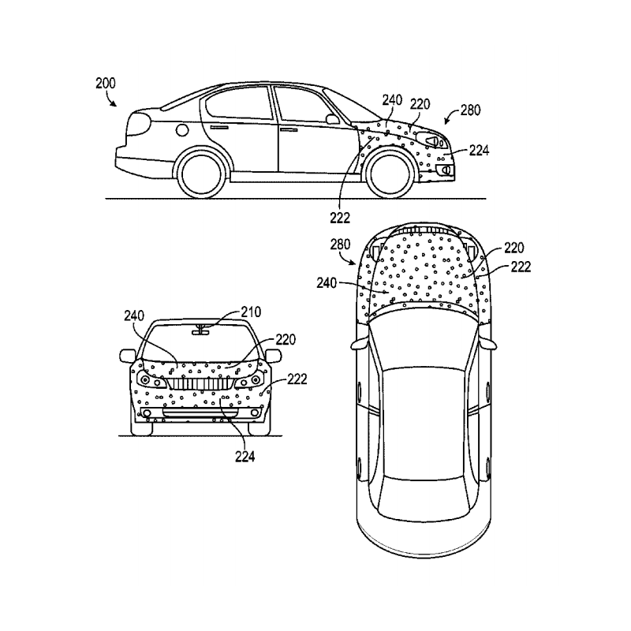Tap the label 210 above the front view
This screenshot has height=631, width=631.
pos(250,312)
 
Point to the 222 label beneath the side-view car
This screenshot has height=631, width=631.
pos(341,216)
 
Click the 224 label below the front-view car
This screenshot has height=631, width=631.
pos(245,454)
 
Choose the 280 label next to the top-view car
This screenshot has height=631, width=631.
pos(341,245)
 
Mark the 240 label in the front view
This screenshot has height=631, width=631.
pos(134,315)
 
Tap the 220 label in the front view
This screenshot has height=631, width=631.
pos(286,341)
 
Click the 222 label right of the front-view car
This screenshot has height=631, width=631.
pos(297,379)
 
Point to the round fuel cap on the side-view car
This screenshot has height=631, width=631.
pos(183,129)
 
